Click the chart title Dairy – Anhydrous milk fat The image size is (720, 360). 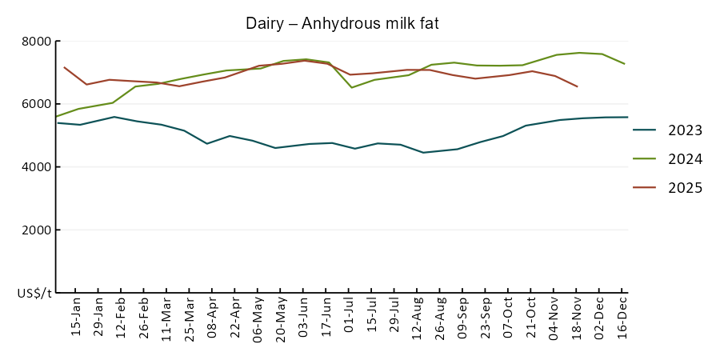[342, 24]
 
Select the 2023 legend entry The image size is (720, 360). [686, 131]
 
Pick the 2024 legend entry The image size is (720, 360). [686, 159]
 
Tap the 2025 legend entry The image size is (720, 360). [686, 188]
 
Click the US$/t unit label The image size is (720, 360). [34, 294]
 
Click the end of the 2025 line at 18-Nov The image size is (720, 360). [577, 86]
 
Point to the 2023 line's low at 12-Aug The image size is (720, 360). [423, 152]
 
